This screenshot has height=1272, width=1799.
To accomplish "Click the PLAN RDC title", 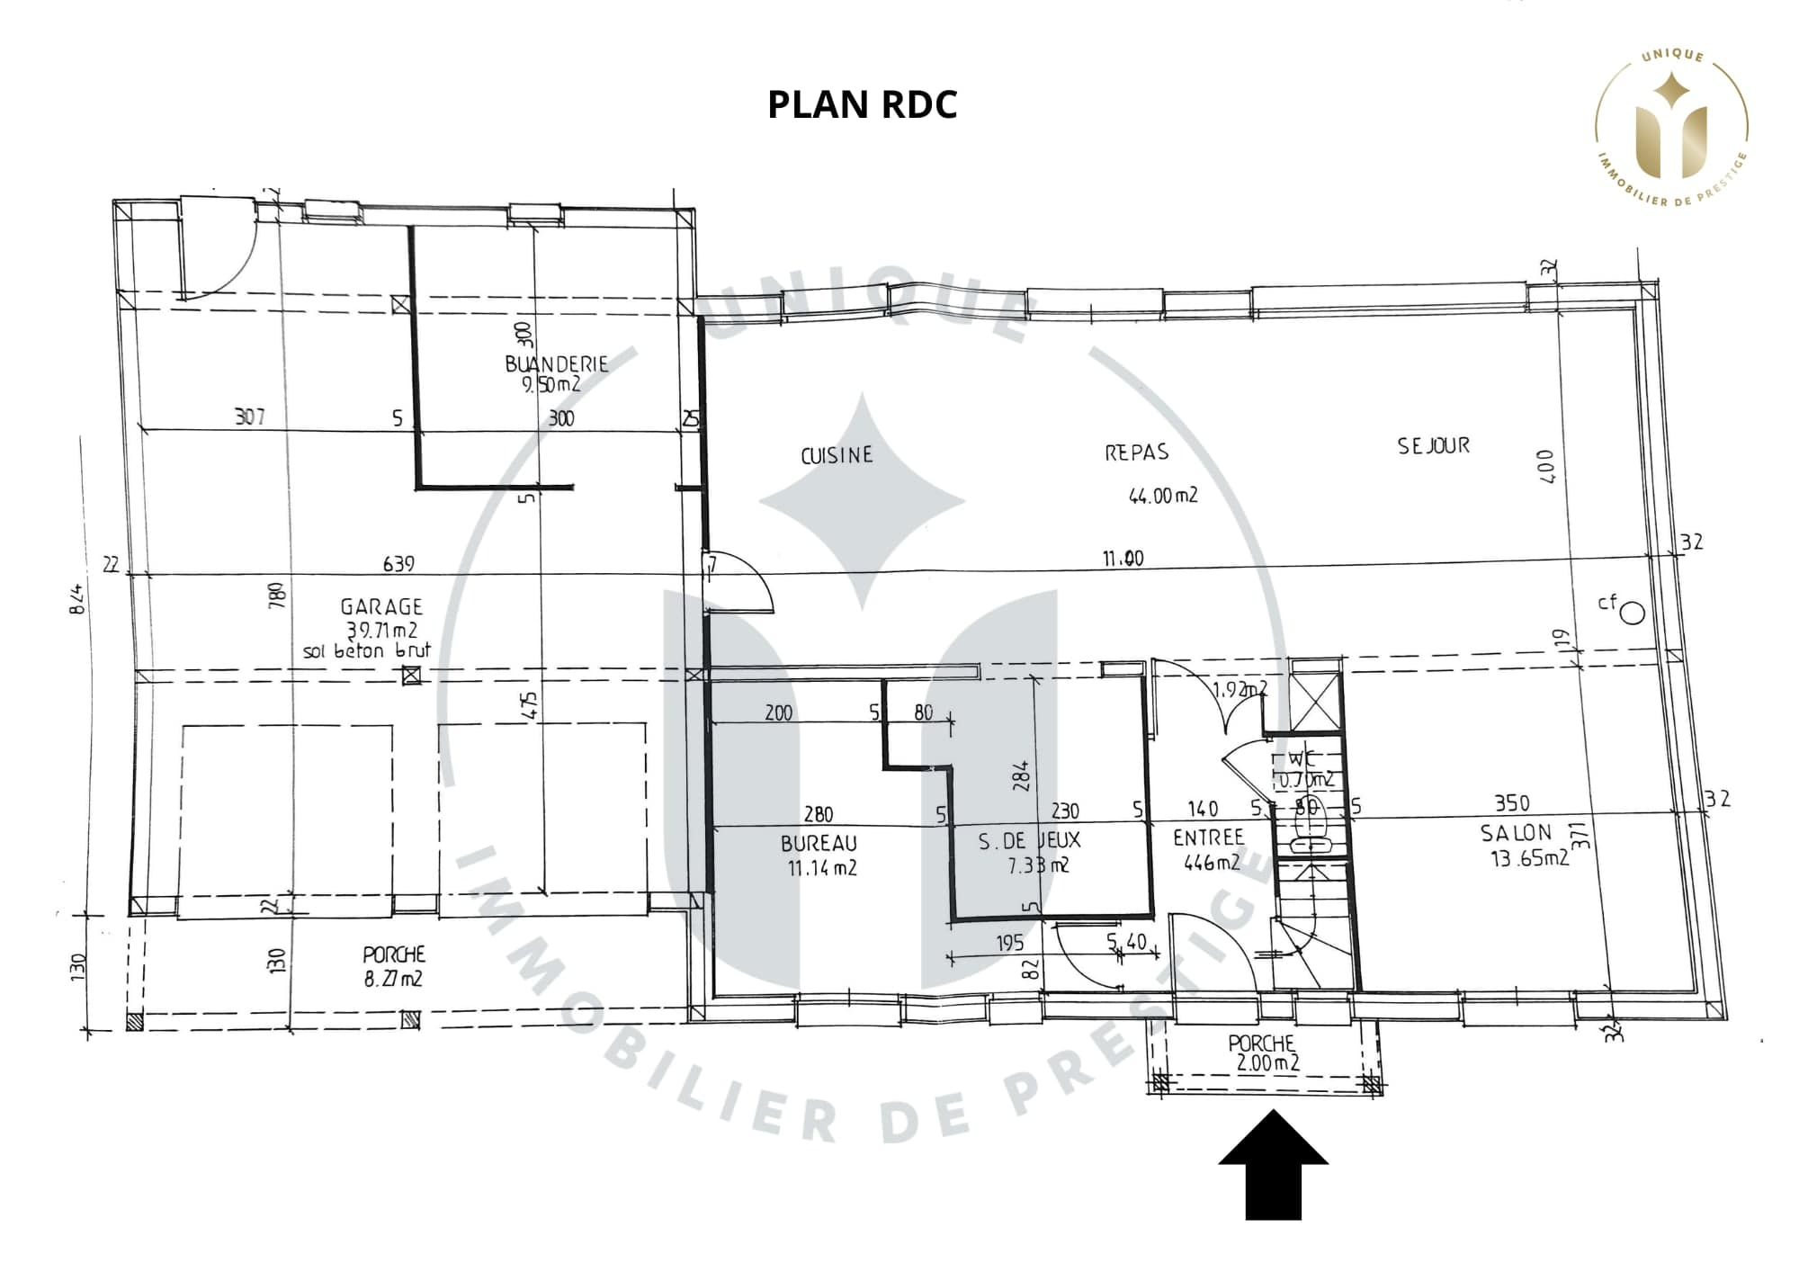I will [862, 104].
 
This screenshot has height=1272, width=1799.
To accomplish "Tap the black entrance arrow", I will [1273, 1165].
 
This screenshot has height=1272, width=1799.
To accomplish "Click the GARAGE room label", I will [381, 607].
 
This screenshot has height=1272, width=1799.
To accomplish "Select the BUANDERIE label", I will [556, 364].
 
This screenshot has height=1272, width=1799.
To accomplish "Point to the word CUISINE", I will [837, 455].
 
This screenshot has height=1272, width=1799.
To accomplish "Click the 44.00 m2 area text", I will [1163, 496].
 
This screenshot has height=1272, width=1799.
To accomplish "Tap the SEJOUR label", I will [1433, 446].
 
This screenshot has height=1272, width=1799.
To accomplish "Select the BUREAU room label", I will [819, 844].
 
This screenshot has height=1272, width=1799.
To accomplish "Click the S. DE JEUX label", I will [1029, 841].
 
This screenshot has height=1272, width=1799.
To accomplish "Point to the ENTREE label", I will [1208, 838].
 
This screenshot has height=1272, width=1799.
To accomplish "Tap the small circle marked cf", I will [1633, 614].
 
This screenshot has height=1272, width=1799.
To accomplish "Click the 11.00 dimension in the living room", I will [1123, 559].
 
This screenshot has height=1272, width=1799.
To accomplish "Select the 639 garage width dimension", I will [398, 564].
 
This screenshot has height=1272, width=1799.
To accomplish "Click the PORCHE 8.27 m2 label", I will [394, 966].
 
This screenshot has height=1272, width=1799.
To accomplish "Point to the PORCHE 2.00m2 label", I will [1264, 1053].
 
